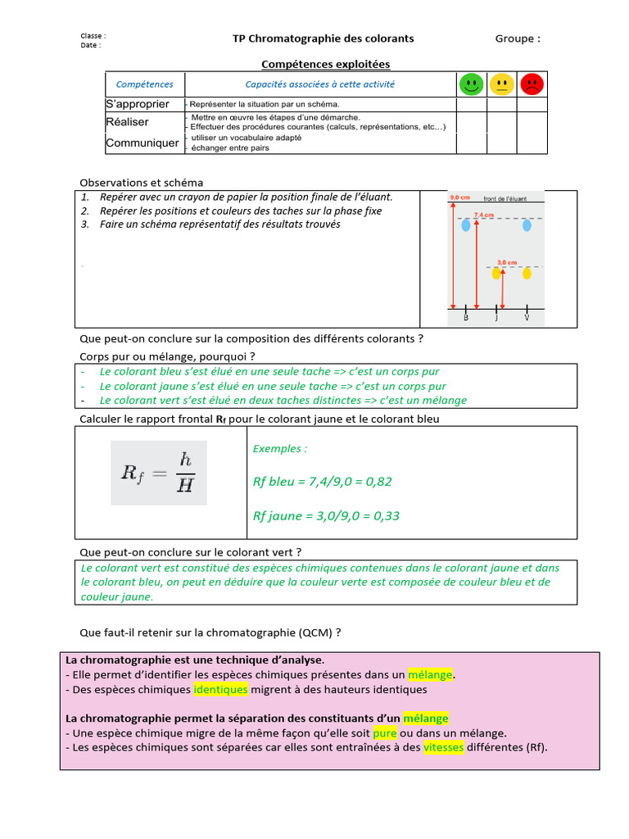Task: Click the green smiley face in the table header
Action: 470,84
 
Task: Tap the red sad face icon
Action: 532,84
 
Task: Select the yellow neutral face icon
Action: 501,84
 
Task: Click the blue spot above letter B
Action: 466,224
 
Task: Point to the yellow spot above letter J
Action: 496,274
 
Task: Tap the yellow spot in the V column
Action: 527,274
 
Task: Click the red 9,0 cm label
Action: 459,198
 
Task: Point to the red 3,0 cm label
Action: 507,262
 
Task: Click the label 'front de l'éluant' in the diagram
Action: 505,199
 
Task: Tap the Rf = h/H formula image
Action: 159,473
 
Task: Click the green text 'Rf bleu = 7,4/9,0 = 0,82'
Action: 323,482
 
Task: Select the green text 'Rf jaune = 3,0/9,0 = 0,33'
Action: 326,516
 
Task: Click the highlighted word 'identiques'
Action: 220,690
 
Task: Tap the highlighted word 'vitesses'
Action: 443,747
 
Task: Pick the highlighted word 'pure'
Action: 385,733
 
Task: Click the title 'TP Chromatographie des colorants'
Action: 324,39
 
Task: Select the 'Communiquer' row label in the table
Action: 143,143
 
